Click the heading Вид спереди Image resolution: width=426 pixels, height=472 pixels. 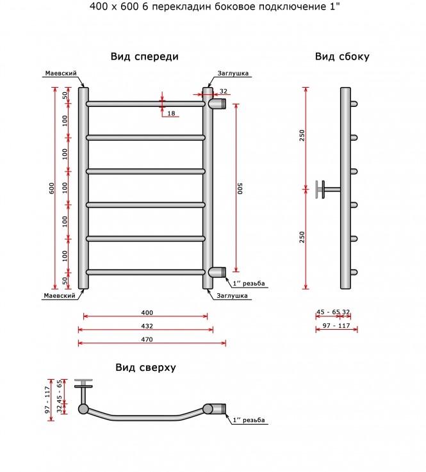click(x=145, y=56)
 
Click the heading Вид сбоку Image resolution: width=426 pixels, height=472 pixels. click(x=342, y=56)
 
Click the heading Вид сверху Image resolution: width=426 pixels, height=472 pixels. click(x=145, y=368)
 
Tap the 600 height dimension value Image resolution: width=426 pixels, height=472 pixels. click(x=52, y=188)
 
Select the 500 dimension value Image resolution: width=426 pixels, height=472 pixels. click(x=240, y=188)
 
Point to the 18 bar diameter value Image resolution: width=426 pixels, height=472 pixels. click(x=171, y=113)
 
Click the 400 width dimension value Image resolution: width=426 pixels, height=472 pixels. click(x=147, y=313)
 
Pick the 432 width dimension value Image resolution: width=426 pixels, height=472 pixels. click(x=147, y=326)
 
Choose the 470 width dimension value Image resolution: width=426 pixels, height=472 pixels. click(x=147, y=339)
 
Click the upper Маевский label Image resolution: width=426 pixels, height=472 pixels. click(x=61, y=73)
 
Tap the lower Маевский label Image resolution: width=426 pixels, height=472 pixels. click(x=60, y=296)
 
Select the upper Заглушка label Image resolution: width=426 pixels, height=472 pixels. click(x=233, y=73)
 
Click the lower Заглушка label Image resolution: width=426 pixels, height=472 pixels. click(x=232, y=296)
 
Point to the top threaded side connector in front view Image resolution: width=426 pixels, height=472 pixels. click(x=217, y=104)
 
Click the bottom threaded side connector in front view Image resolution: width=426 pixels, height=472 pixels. click(x=217, y=272)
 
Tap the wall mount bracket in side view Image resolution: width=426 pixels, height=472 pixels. click(x=328, y=190)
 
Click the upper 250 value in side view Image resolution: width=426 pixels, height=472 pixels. click(x=302, y=136)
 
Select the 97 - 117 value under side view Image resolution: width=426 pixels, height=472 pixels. click(x=336, y=326)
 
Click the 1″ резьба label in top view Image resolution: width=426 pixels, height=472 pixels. click(x=249, y=420)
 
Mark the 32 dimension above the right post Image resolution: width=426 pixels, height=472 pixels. click(x=224, y=91)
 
